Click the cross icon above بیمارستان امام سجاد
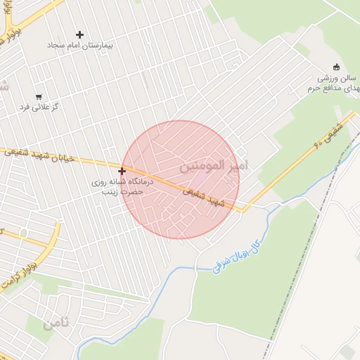(x=79, y=34)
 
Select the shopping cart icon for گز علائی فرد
(x=38, y=97)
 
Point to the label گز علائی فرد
(x=39, y=107)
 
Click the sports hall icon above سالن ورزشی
(x=336, y=67)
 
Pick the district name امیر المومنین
(x=214, y=166)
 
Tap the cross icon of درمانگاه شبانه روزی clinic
(x=122, y=171)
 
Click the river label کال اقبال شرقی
(x=239, y=255)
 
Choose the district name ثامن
(x=56, y=324)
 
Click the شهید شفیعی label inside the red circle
(x=208, y=197)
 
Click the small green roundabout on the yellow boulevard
(x=24, y=233)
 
